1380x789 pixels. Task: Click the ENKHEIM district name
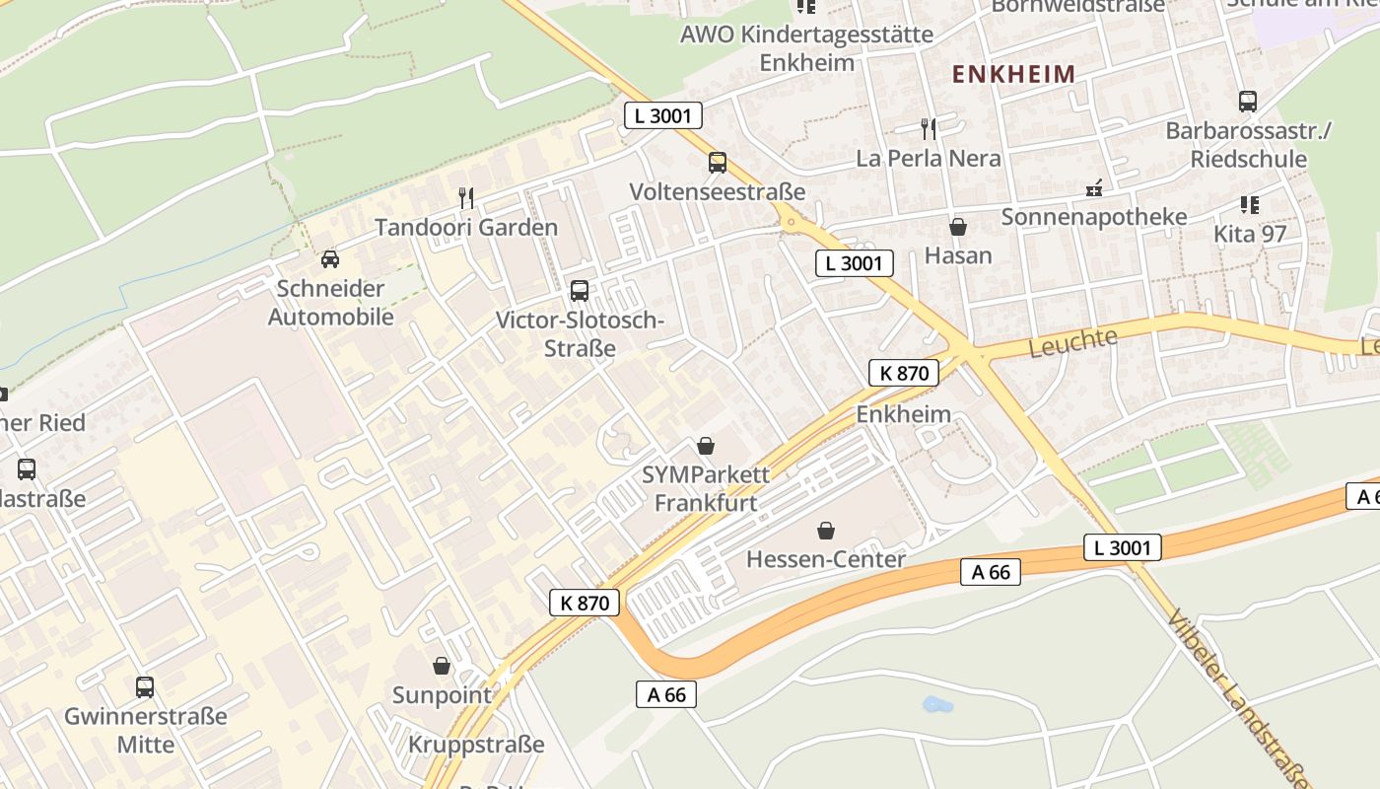[x=1013, y=74]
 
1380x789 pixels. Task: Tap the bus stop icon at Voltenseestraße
[x=718, y=163]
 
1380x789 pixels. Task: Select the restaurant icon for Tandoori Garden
[x=466, y=198]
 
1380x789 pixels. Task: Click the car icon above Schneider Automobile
[x=330, y=259]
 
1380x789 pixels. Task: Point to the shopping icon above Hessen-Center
[x=826, y=531]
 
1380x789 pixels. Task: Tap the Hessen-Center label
[x=826, y=559]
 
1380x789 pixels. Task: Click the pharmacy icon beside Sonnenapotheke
[x=1094, y=187]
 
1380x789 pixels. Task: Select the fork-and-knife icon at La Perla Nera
[x=928, y=128]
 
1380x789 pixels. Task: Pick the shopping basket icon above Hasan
[x=957, y=227]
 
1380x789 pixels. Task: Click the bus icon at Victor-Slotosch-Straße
[x=580, y=291]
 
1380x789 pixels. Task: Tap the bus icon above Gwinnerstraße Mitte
[x=145, y=686]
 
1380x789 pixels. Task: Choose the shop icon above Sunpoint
[x=442, y=667]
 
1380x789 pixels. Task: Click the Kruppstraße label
[x=476, y=745]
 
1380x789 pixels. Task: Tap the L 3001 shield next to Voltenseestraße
[x=663, y=115]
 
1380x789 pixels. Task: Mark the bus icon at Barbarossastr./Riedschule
[x=1248, y=101]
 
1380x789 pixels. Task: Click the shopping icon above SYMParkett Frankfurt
[x=705, y=446]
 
